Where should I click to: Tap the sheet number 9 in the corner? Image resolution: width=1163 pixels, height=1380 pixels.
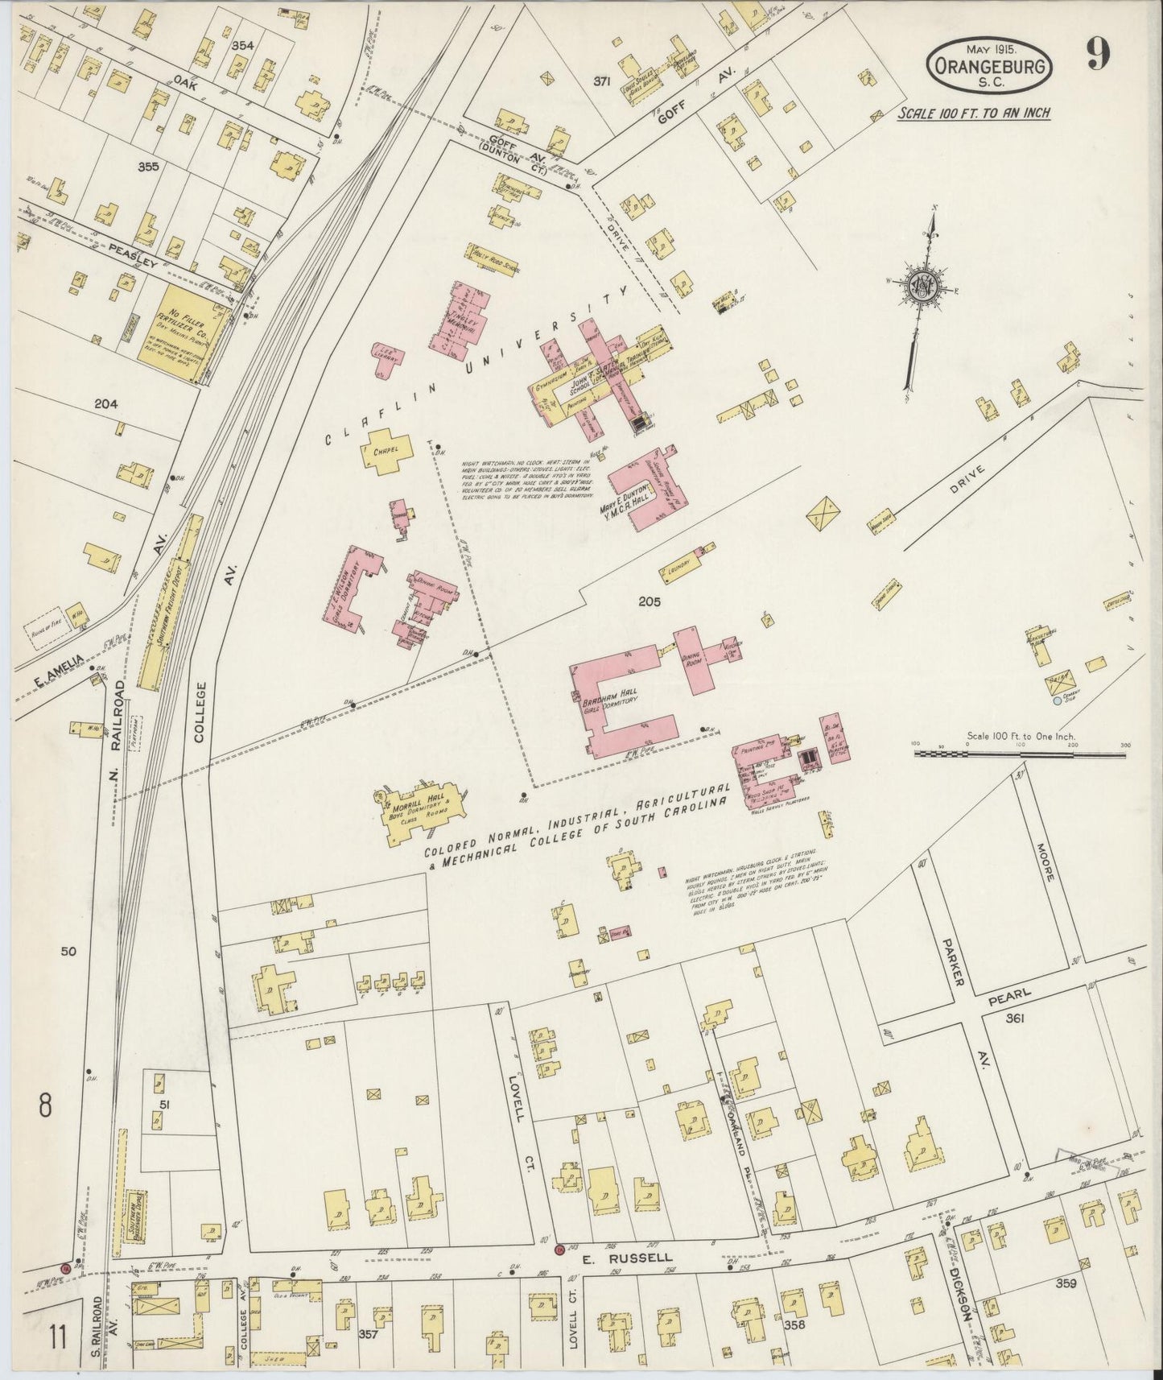[x=1098, y=55]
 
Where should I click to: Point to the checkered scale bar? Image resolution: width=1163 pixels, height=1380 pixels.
[x=1020, y=754]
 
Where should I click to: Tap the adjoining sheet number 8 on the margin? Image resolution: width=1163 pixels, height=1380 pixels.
[x=45, y=1105]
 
